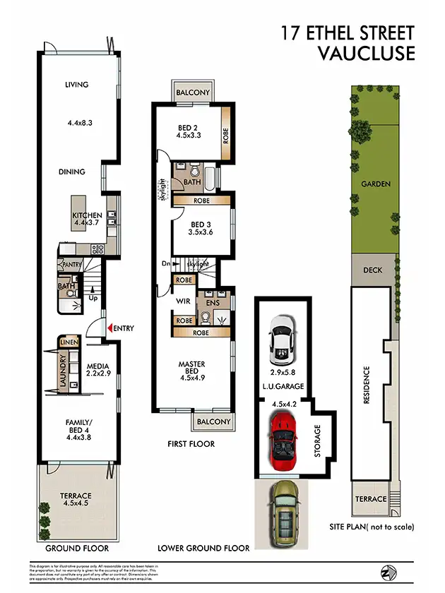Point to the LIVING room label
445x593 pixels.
point(76,85)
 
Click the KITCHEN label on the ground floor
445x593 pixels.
point(87,215)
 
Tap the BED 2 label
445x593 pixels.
point(188,128)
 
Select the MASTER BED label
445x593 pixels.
point(191,369)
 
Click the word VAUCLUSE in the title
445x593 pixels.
point(366,54)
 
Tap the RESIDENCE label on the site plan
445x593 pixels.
point(367,385)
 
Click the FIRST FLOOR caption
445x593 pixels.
point(191,444)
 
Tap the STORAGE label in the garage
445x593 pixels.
point(317,441)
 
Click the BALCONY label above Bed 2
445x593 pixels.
point(193,92)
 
